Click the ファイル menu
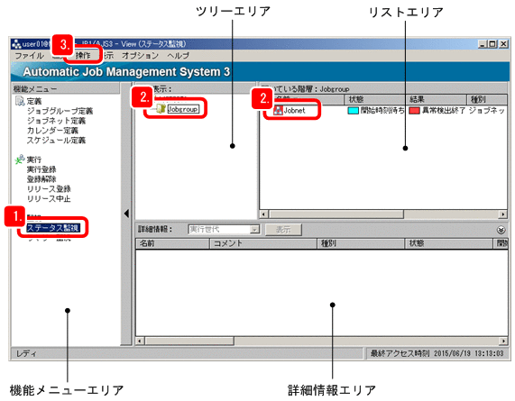pyautogui.click(x=30, y=56)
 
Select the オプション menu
pyautogui.click(x=140, y=56)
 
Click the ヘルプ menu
pyautogui.click(x=178, y=56)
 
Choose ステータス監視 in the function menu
pyautogui.click(x=52, y=228)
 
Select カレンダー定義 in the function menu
pyautogui.click(x=52, y=131)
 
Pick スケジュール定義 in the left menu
pyautogui.click(x=56, y=141)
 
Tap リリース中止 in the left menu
pyautogui.click(x=49, y=198)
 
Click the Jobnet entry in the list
pyautogui.click(x=299, y=111)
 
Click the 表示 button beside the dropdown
pyautogui.click(x=283, y=230)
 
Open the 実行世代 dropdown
pyautogui.click(x=255, y=230)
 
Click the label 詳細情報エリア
pyautogui.click(x=332, y=390)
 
